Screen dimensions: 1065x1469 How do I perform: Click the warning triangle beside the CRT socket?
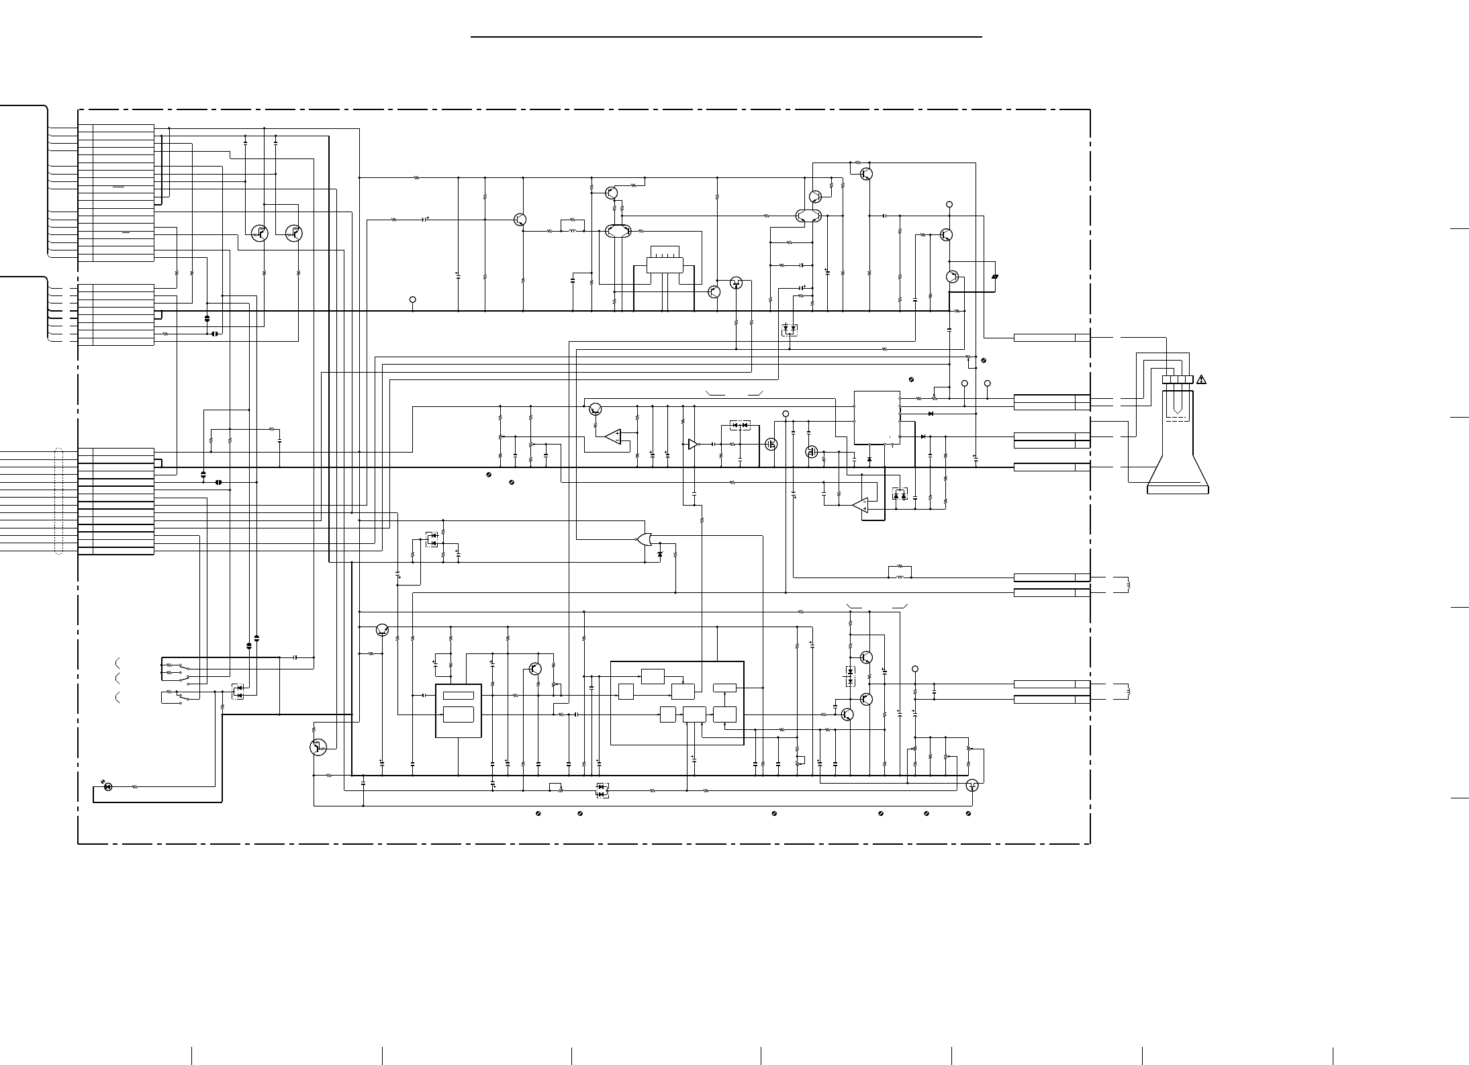click(x=1201, y=379)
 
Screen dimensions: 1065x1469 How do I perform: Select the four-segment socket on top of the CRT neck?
click(x=1178, y=379)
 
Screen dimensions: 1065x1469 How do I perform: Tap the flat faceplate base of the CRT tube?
click(x=1178, y=490)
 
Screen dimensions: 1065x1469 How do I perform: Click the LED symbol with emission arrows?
click(x=108, y=786)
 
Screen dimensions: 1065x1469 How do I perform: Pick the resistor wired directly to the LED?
click(x=135, y=786)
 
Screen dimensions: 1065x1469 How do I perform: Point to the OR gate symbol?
click(x=645, y=539)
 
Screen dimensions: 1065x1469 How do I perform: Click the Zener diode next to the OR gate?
click(x=659, y=554)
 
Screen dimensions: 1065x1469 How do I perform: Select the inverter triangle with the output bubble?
click(x=694, y=444)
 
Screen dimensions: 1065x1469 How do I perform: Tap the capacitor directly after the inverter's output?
click(x=712, y=444)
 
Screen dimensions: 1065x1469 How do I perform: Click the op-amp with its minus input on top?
click(x=860, y=506)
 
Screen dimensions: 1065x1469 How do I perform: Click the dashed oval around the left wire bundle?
click(x=58, y=501)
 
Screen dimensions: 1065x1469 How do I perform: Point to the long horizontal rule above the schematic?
click(x=726, y=37)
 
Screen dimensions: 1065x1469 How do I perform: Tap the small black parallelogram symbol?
click(x=995, y=276)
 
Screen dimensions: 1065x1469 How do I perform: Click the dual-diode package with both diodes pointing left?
click(x=739, y=425)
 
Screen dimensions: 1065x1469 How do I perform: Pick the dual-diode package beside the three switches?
click(x=238, y=692)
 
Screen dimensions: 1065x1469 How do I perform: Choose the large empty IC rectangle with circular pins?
click(x=877, y=417)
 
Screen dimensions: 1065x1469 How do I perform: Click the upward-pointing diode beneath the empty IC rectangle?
click(x=869, y=459)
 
